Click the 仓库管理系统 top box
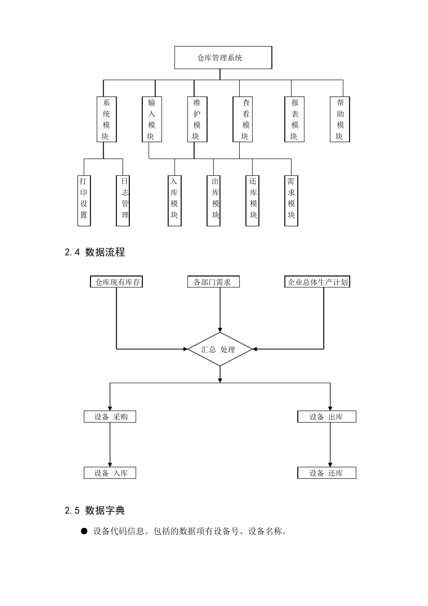pyautogui.click(x=223, y=58)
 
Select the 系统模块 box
pyautogui.click(x=106, y=119)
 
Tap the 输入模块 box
pyautogui.click(x=151, y=119)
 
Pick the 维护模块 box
pyautogui.click(x=197, y=119)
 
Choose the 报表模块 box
pyautogui.click(x=295, y=119)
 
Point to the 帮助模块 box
pyautogui.click(x=340, y=119)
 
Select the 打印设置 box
pyautogui.click(x=84, y=200)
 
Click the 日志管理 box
pyautogui.click(x=123, y=200)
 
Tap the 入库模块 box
pyautogui.click(x=174, y=200)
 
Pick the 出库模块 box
pyautogui.click(x=214, y=200)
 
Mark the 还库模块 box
pyautogui.click(x=253, y=200)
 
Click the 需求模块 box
pyautogui.click(x=291, y=200)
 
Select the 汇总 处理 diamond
pyautogui.click(x=220, y=349)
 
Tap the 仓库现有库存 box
pyautogui.click(x=117, y=282)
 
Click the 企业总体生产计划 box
pyautogui.click(x=317, y=282)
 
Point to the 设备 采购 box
pyautogui.click(x=110, y=417)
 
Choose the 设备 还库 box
pyautogui.click(x=327, y=473)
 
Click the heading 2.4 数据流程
pyautogui.click(x=95, y=252)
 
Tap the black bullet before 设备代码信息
pyautogui.click(x=84, y=532)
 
